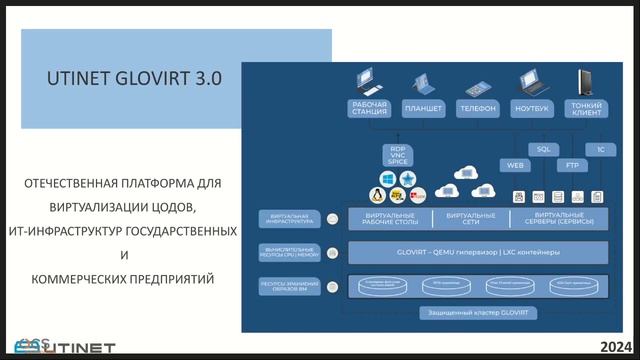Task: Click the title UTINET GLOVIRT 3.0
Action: click(135, 77)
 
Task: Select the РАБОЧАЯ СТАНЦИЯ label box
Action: click(369, 108)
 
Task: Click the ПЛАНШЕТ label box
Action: click(423, 108)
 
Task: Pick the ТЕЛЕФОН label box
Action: click(477, 108)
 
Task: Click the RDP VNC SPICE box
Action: click(393, 156)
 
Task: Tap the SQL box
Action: click(544, 149)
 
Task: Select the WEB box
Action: click(516, 165)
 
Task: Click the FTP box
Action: click(571, 165)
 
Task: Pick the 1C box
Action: click(599, 149)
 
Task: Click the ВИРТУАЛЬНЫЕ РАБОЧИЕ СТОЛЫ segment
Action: click(389, 218)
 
